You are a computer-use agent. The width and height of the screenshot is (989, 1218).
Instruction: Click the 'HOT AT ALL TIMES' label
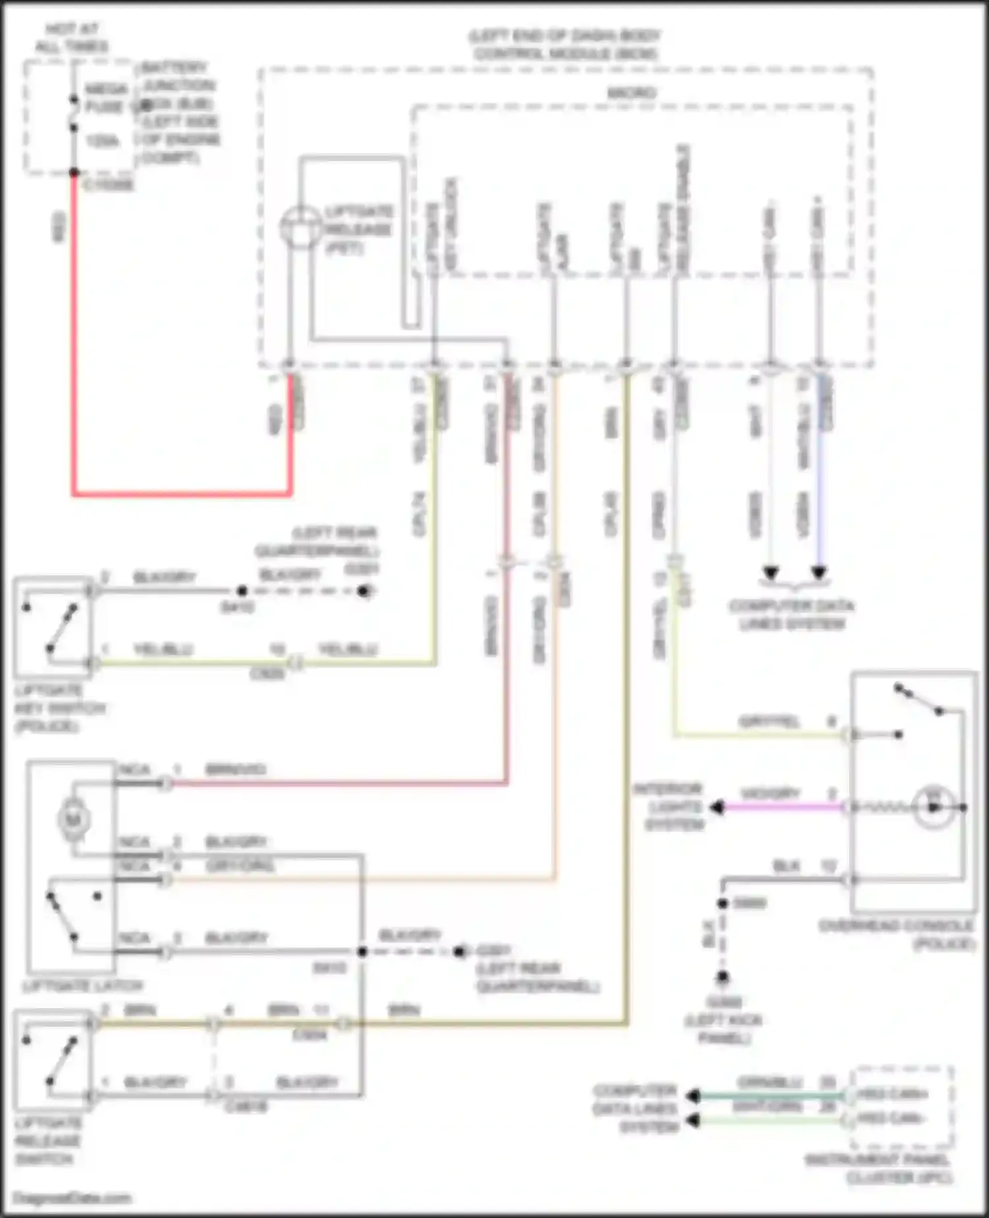pos(71,38)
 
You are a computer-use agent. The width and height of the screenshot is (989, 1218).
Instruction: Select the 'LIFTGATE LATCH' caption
pos(82,986)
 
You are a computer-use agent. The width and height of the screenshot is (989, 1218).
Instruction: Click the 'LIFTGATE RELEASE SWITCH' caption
pos(47,1141)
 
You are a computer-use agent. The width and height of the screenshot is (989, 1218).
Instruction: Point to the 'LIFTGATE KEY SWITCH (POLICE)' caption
pos(59,709)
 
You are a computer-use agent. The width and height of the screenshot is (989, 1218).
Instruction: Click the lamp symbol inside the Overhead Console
pos(934,807)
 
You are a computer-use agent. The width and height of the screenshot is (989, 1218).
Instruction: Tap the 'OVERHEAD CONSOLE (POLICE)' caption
pos(897,934)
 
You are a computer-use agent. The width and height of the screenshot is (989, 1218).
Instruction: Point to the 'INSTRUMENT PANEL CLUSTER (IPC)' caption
pos(878,1169)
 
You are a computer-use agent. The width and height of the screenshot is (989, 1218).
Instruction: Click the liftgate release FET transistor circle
pos(301,227)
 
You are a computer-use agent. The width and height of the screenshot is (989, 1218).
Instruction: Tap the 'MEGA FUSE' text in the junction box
pos(105,98)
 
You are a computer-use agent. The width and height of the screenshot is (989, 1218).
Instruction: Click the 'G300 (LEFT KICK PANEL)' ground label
pos(723,1020)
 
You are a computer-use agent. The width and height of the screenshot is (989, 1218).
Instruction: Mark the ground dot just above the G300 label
pos(723,977)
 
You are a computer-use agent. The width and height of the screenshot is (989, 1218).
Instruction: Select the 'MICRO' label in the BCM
pos(631,93)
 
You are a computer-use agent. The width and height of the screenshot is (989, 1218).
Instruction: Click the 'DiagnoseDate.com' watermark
pos(73,1198)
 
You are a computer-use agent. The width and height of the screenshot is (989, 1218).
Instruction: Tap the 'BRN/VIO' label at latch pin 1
pos(235,769)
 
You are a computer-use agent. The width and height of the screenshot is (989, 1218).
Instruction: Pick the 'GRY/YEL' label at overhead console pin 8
pos(769,721)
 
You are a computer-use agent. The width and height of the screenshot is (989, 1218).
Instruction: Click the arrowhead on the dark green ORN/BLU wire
pos(693,1096)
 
